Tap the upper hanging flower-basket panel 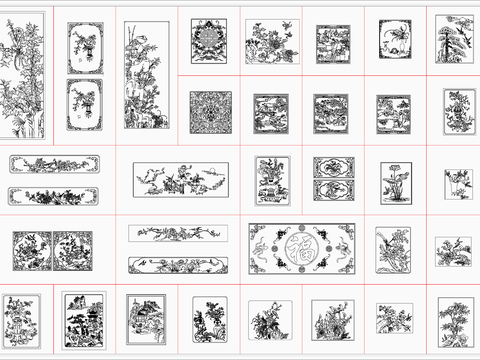click(84, 47)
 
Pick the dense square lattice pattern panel click(210, 112)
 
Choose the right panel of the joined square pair click(72, 251)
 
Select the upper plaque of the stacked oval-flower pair click(331, 167)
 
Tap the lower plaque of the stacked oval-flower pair click(331, 190)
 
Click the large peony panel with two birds click(269, 42)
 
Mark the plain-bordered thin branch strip click(177, 233)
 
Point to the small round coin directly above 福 click(301, 229)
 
